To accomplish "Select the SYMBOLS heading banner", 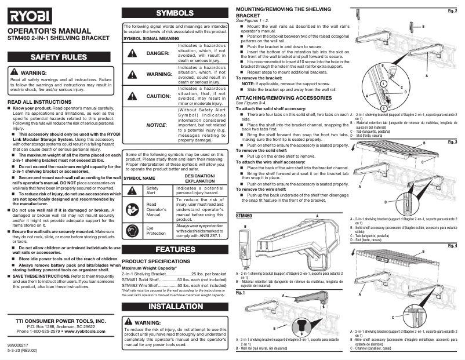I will [176, 12].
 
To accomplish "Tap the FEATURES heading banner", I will [176, 250].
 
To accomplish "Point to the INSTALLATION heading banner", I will [176, 306].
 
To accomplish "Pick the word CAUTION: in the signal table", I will [158, 96].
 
